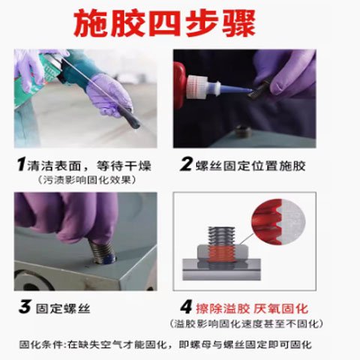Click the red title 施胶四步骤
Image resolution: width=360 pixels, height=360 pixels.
(x=164, y=23)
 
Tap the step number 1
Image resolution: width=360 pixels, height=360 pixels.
(x=22, y=164)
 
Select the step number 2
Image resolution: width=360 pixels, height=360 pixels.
(x=187, y=164)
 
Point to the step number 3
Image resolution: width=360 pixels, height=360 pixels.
(x=25, y=307)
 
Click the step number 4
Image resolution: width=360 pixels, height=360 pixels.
(x=187, y=307)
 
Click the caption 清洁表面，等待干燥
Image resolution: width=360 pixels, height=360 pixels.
(x=89, y=166)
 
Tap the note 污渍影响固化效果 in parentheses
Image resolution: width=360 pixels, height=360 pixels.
(x=88, y=180)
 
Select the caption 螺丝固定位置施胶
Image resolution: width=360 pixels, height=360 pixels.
(x=250, y=166)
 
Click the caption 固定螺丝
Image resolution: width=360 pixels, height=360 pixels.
(x=63, y=308)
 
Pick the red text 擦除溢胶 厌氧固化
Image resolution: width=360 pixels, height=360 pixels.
(x=252, y=308)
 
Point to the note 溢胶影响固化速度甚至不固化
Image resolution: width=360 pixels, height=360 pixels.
(x=246, y=324)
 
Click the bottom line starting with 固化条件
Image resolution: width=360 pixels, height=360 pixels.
(x=166, y=345)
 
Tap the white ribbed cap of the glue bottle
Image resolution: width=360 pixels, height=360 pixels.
(x=197, y=86)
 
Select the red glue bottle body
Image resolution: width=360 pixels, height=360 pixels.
(x=180, y=85)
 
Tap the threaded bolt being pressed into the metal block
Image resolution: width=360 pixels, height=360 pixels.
(x=102, y=251)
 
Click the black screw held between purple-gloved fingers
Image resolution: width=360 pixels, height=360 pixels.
(x=259, y=88)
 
